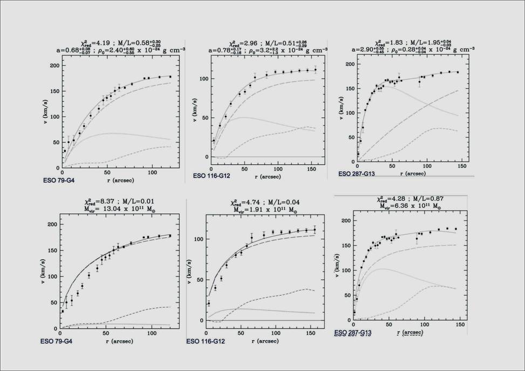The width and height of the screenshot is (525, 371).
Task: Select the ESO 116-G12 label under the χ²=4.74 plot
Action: [206, 341]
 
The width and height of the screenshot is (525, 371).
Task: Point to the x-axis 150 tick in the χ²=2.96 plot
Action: [313, 170]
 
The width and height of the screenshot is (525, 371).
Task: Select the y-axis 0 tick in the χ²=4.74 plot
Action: [193, 320]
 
